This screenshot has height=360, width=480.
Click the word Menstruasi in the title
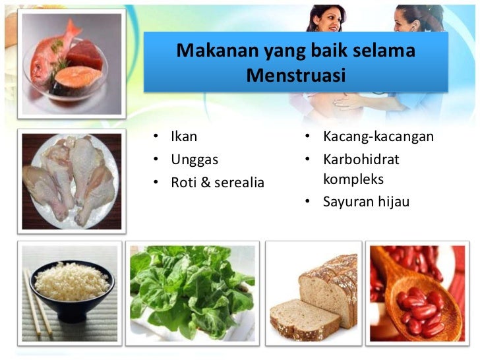pyautogui.click(x=295, y=76)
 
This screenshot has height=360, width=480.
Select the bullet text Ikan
pyautogui.click(x=184, y=137)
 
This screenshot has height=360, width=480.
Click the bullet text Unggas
pyautogui.click(x=195, y=160)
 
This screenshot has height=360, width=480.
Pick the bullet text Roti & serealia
pyautogui.click(x=218, y=183)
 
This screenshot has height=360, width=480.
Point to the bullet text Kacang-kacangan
pyautogui.click(x=378, y=137)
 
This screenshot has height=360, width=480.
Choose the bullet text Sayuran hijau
pyautogui.click(x=366, y=202)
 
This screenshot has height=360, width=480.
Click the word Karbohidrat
pyautogui.click(x=361, y=160)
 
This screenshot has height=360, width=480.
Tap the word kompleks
pyautogui.click(x=353, y=179)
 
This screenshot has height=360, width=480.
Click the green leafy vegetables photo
pyautogui.click(x=191, y=290)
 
